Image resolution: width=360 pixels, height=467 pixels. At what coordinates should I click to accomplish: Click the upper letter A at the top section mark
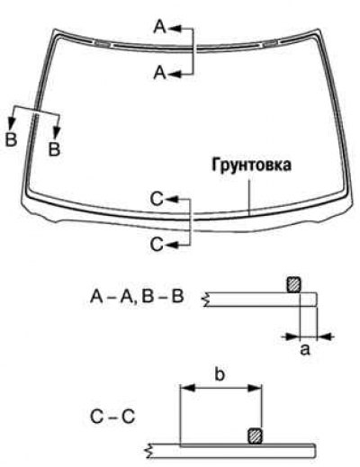point(160,26)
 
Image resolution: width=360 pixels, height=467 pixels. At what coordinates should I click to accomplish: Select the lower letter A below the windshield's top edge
point(160,73)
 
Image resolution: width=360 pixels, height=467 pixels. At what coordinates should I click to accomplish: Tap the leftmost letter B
point(11,139)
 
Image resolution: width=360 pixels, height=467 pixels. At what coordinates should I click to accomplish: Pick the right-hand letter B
point(54,149)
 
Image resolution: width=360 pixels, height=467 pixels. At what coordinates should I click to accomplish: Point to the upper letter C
point(157,199)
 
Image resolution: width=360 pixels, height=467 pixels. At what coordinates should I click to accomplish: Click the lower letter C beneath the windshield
point(157,244)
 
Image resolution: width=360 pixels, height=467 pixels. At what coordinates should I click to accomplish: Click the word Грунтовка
point(251,166)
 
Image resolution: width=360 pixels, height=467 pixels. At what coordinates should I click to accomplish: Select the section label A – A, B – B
point(137,296)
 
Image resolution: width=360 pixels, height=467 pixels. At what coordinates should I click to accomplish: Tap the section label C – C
point(112,417)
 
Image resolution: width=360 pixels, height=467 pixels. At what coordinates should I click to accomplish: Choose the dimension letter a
point(305,350)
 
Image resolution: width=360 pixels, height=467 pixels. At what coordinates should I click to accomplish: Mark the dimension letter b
point(220,374)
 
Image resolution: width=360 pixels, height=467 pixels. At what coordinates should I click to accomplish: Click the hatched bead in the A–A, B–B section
point(294,284)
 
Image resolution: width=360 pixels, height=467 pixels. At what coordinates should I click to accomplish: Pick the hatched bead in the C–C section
point(256,436)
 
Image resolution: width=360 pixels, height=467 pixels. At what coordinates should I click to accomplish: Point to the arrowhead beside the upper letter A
point(175,29)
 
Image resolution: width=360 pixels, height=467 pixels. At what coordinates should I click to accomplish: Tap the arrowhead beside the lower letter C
point(171,245)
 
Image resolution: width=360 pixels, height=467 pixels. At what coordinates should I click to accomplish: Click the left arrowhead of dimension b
point(187,388)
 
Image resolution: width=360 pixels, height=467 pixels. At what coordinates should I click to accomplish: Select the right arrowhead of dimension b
point(255,388)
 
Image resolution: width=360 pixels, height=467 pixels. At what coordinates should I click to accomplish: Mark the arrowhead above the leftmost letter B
point(12,123)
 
